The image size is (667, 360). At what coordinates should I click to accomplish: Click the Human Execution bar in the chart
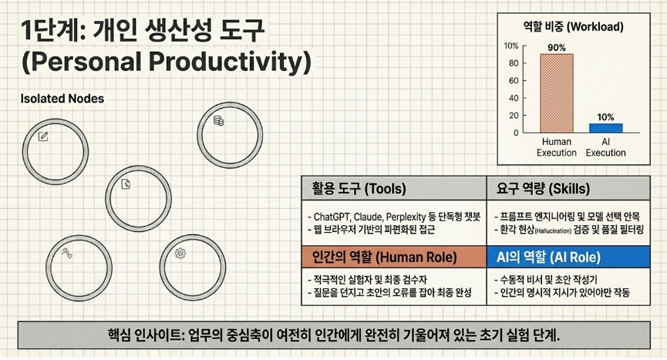point(557,93)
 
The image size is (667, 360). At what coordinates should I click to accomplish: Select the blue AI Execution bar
point(606,128)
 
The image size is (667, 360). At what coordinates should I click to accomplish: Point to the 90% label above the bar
point(557,48)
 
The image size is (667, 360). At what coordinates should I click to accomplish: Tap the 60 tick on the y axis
point(514,80)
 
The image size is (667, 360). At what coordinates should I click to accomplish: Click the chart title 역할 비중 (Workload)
point(574,27)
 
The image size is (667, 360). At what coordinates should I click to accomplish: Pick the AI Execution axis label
point(606,147)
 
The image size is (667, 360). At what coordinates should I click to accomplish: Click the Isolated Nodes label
point(62,99)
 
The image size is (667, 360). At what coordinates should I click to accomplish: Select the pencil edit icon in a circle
point(43,136)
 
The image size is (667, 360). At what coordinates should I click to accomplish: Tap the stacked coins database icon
point(218,121)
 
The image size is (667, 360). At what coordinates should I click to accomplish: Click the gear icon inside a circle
point(180,254)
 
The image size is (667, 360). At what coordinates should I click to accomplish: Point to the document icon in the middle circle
point(126,184)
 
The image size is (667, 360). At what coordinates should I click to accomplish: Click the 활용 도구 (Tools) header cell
point(394,188)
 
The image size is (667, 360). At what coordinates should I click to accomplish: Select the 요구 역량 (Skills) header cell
point(568,188)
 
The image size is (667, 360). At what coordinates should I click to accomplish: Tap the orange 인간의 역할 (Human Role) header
point(394,257)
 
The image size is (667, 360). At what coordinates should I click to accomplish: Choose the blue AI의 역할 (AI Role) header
point(568,257)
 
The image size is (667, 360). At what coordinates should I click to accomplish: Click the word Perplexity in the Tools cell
point(405,217)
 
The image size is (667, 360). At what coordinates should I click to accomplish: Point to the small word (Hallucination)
point(553,230)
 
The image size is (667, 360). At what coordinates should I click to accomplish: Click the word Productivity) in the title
point(230,62)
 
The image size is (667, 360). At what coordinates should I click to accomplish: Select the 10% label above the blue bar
point(605,117)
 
